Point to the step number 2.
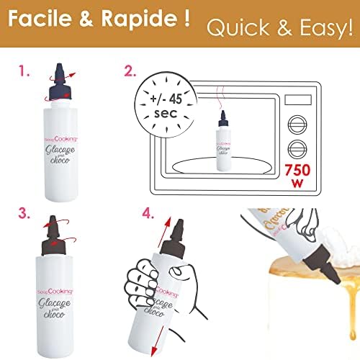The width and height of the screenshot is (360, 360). [x=129, y=72]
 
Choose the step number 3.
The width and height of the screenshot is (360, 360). [x=24, y=213]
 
